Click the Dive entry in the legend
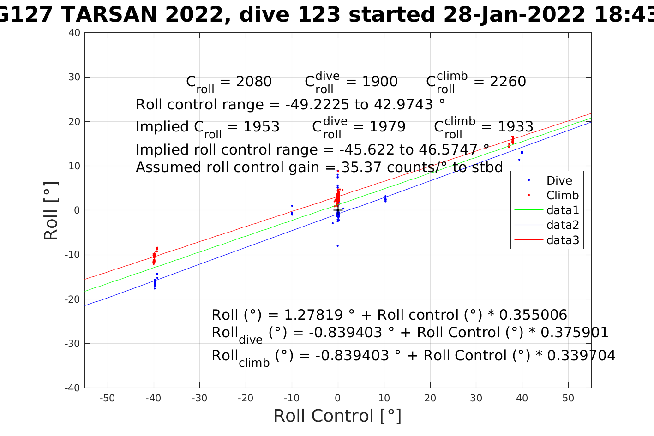pos(559,181)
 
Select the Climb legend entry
pos(562,196)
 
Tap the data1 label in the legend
pos(562,210)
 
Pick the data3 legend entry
pos(562,240)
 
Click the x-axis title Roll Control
pos(337,416)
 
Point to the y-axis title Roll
pos(51,210)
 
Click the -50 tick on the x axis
pos(107,398)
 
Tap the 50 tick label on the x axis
pos(568,398)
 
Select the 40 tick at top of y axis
pos(75,33)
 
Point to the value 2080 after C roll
pos(253,82)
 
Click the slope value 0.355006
pos(533,315)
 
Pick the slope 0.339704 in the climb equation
pos(582,356)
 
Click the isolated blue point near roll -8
pos(338,246)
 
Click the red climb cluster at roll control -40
pos(154,257)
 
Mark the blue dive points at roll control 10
pos(385,199)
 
